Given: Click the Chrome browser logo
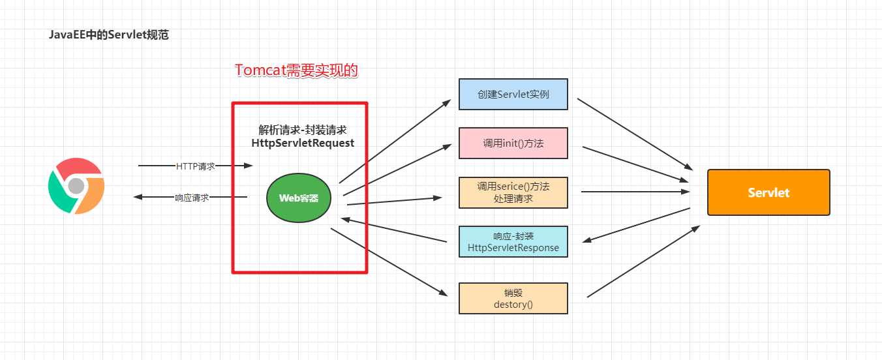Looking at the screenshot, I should pyautogui.click(x=76, y=186).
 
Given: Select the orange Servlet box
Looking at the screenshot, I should pyautogui.click(x=768, y=192).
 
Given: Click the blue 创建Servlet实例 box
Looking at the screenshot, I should pyautogui.click(x=513, y=95).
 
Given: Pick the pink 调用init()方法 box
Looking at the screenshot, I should pyautogui.click(x=513, y=143).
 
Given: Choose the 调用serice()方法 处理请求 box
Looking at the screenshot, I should pyautogui.click(x=513, y=192).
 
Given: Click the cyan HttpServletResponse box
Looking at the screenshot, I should pyautogui.click(x=513, y=241).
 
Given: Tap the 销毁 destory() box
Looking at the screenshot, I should pyautogui.click(x=513, y=298).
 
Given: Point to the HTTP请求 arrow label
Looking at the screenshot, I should pyautogui.click(x=195, y=166).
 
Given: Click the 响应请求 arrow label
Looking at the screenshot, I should pyautogui.click(x=192, y=197).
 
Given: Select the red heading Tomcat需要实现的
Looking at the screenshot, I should pyautogui.click(x=296, y=70).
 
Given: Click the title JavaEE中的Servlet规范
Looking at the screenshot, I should pyautogui.click(x=108, y=35).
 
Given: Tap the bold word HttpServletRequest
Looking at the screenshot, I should pyautogui.click(x=303, y=143).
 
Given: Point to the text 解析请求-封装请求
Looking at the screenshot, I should pyautogui.click(x=303, y=130).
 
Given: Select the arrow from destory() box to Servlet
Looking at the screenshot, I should pyautogui.click(x=643, y=262).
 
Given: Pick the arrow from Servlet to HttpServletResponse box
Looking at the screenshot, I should pyautogui.click(x=637, y=226).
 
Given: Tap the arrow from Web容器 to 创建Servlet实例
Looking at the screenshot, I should pyautogui.click(x=395, y=142).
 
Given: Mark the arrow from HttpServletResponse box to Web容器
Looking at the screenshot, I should pyautogui.click(x=395, y=231).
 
